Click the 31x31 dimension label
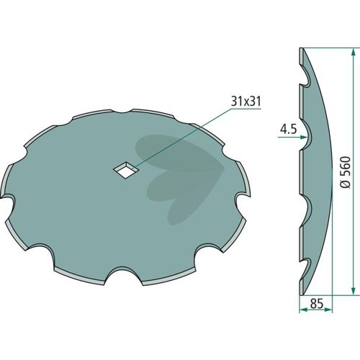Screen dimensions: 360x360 (x=246, y=102)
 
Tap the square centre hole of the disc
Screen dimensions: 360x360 (x=126, y=170)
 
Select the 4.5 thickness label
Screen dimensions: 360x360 (x=289, y=130)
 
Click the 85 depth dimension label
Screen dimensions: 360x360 (x=316, y=304)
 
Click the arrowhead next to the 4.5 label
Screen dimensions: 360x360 (x=304, y=138)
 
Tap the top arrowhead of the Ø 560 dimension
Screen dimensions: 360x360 (x=353, y=52)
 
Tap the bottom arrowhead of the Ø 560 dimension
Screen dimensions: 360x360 (x=353, y=292)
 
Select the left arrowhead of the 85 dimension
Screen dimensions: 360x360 (x=303, y=310)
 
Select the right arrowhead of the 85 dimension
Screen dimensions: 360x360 (x=328, y=310)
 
